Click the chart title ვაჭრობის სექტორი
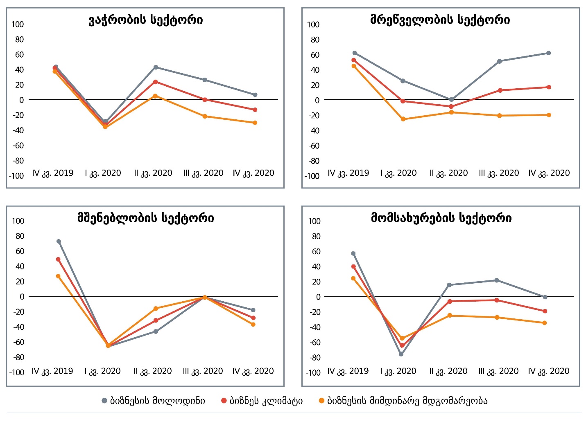[145, 20]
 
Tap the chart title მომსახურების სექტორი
[441, 218]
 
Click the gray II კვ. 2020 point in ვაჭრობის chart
[156, 67]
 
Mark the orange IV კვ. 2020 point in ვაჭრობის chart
[255, 123]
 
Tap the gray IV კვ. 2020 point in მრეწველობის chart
[549, 53]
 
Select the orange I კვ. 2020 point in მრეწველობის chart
[403, 119]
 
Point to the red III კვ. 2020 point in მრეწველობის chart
[500, 90]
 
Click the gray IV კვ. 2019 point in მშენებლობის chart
[59, 242]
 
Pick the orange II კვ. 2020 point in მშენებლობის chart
[156, 309]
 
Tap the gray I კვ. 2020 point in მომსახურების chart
[401, 354]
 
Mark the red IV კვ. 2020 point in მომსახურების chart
[545, 311]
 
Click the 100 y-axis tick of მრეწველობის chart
[313, 25]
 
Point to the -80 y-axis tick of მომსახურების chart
[314, 358]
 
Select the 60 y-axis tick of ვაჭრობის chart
[19, 54]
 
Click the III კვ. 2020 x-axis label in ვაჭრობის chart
[203, 173]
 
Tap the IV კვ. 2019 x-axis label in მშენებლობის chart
[52, 371]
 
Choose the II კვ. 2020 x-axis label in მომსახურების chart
[448, 371]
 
